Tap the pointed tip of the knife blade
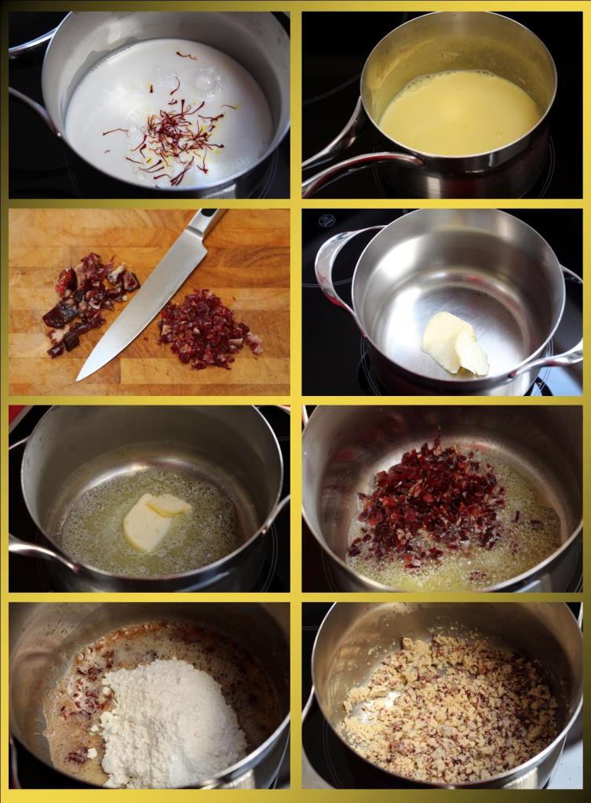[x=81, y=377]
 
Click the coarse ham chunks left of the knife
[x=86, y=302]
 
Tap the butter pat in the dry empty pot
[x=455, y=345]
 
